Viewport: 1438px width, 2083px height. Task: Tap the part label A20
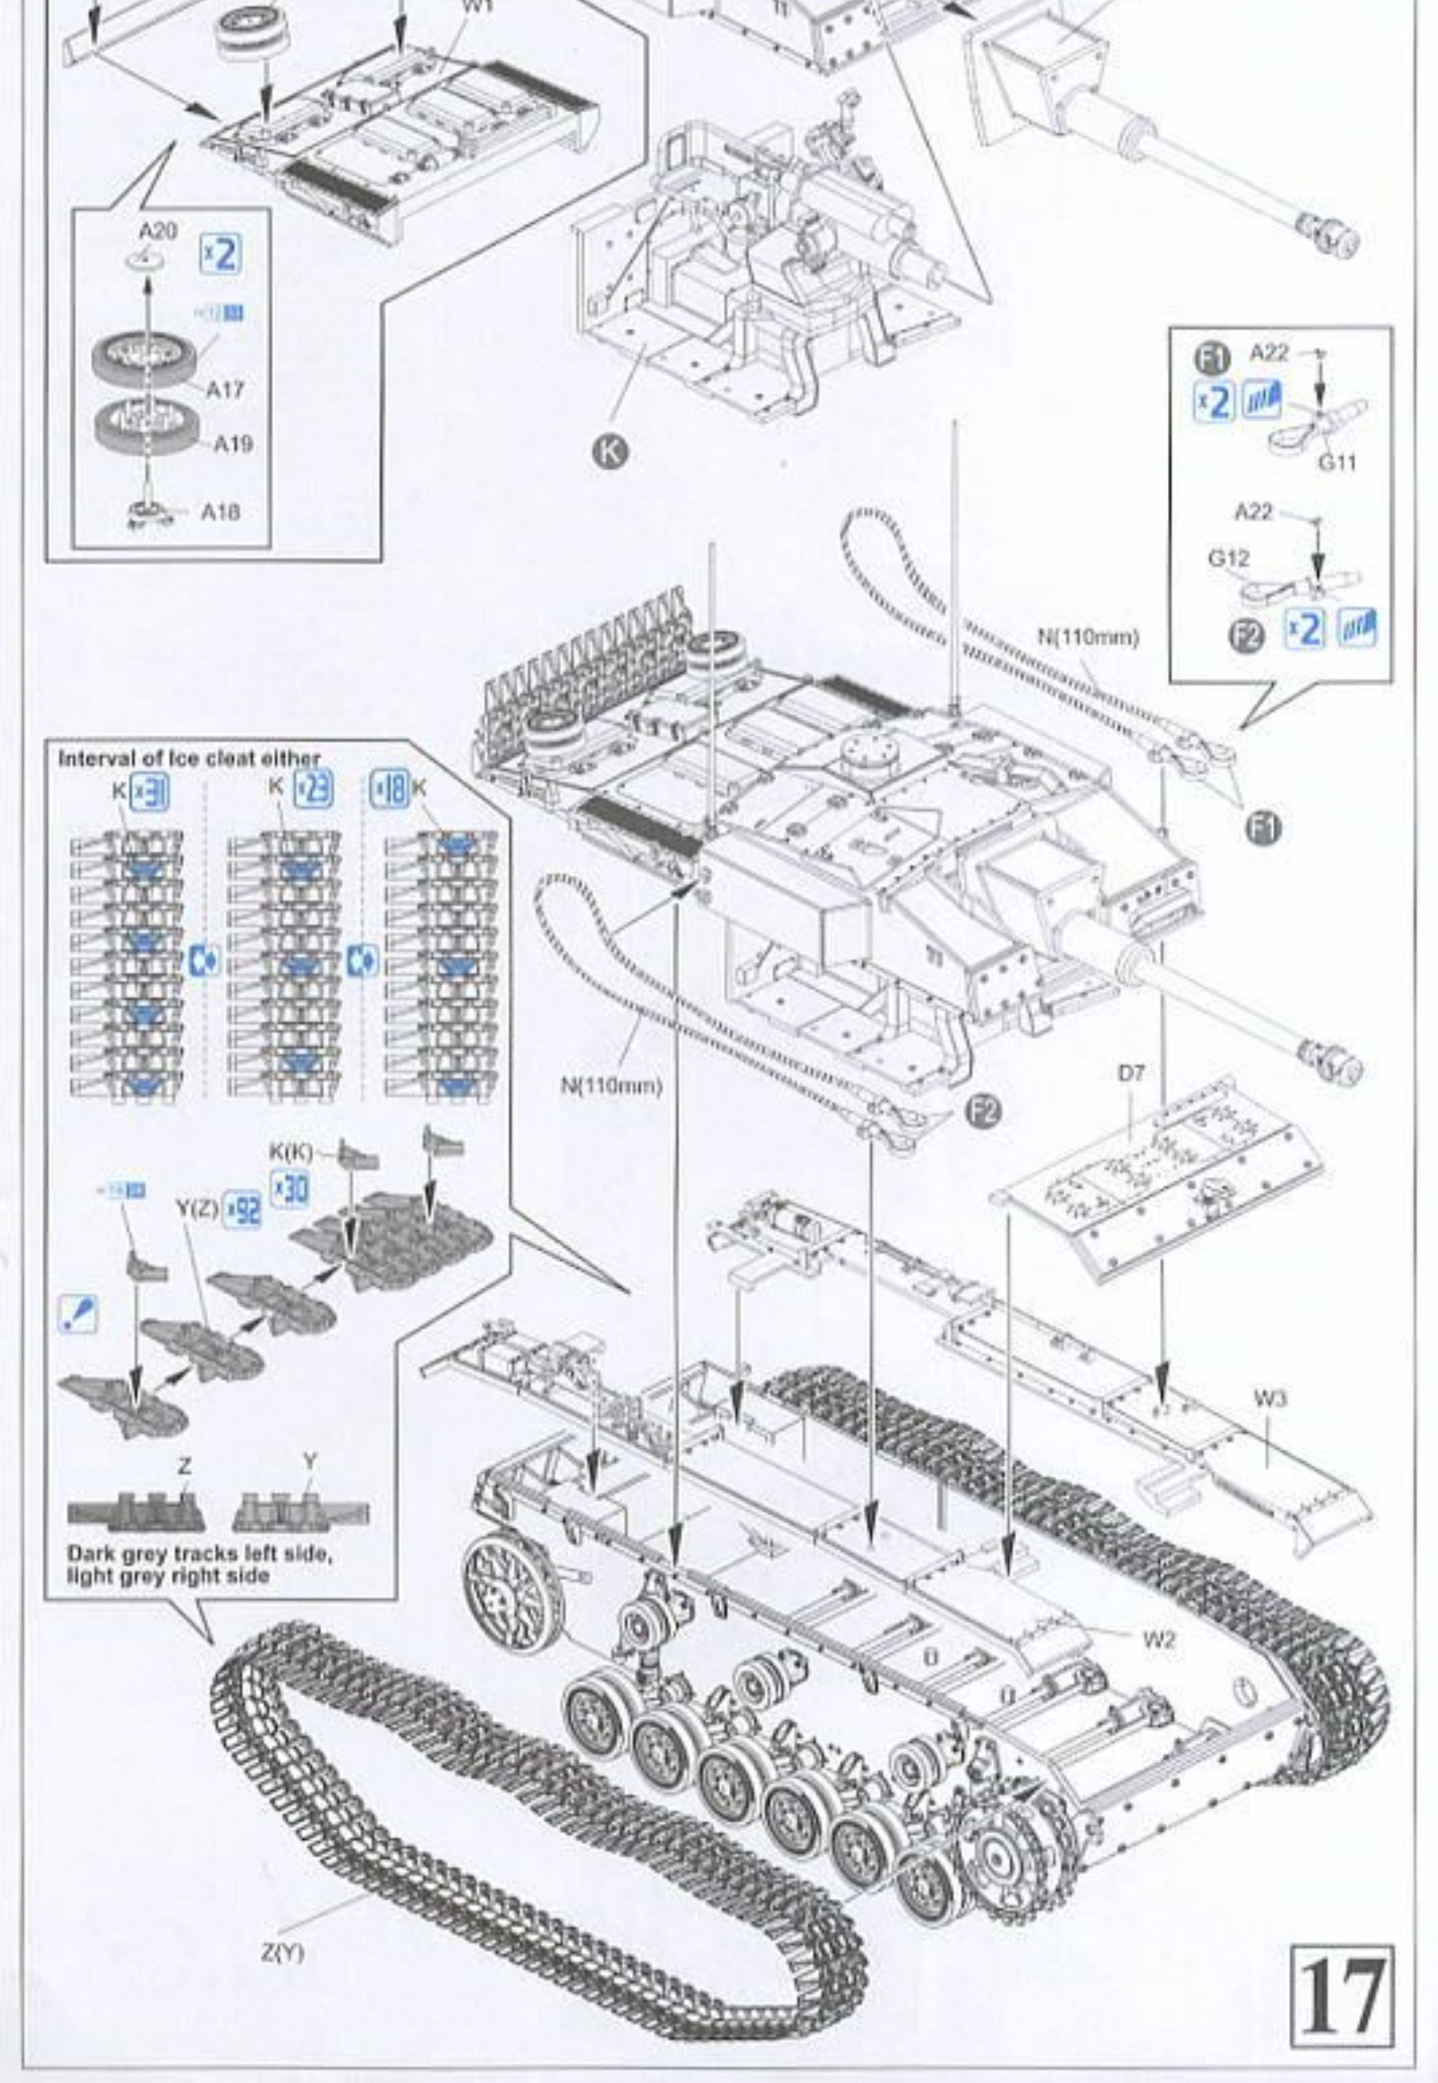coord(158,231)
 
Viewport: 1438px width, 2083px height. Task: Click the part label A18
coord(220,513)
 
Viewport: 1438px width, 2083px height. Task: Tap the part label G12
coord(1228,558)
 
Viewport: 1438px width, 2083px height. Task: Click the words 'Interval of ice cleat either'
coord(189,758)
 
